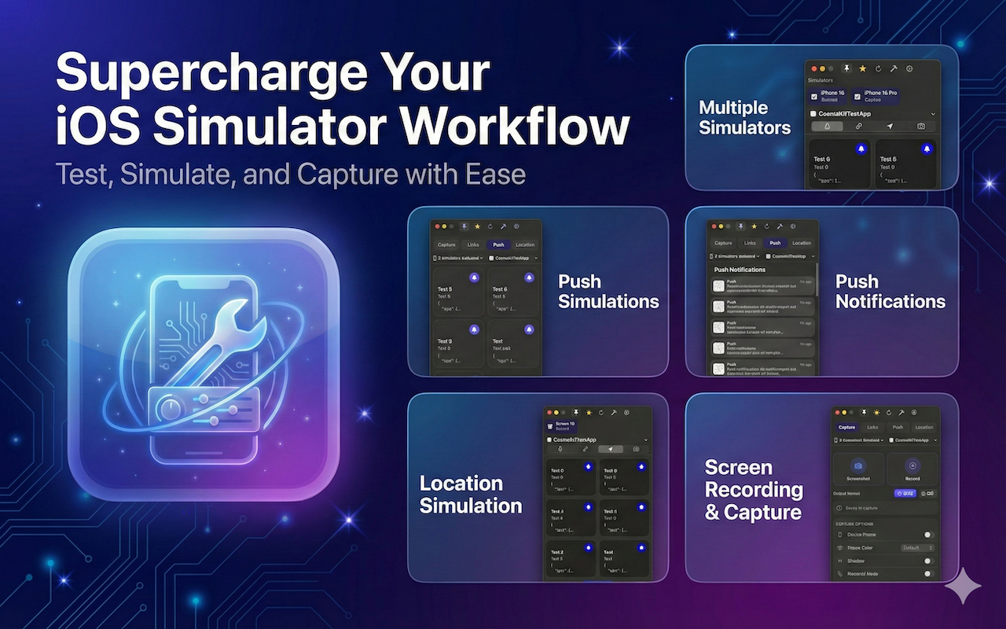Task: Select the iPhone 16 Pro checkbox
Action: coord(857,96)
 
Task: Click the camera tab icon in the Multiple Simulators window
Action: coord(920,126)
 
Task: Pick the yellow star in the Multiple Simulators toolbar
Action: coord(862,69)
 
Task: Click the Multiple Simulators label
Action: coord(744,117)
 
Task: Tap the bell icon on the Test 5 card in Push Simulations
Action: coord(473,278)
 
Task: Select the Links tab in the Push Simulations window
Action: coord(472,245)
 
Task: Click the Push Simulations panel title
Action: coord(608,291)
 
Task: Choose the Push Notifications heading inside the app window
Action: coord(740,270)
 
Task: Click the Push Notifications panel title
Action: coord(890,291)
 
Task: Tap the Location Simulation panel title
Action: coord(470,494)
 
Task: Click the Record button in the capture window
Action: coord(912,469)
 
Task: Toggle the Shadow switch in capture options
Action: coord(927,561)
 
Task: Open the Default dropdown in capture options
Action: coord(917,547)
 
